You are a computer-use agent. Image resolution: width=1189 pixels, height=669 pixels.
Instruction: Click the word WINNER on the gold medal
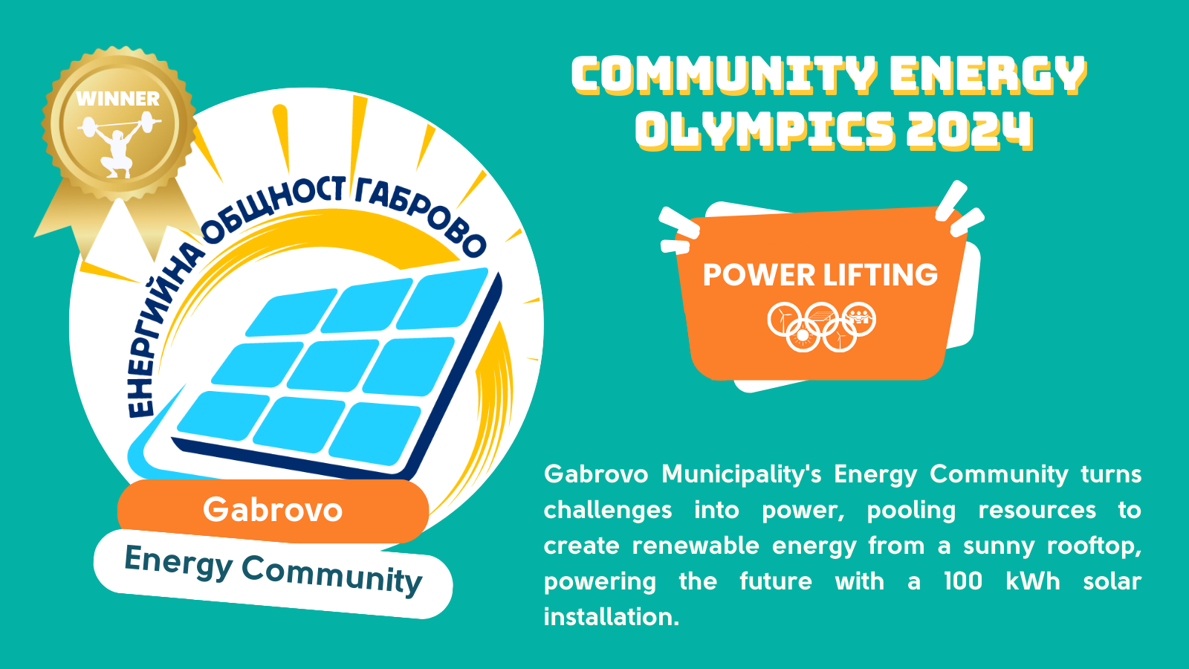click(118, 99)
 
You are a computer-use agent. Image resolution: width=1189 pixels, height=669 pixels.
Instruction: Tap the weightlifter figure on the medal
click(119, 144)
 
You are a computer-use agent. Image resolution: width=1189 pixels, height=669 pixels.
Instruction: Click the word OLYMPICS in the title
click(765, 129)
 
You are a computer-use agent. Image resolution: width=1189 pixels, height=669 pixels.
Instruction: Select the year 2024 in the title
click(969, 129)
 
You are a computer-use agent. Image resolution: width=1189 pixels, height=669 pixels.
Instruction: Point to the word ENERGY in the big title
click(988, 74)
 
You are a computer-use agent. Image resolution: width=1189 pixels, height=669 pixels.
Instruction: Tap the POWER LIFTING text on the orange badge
click(820, 274)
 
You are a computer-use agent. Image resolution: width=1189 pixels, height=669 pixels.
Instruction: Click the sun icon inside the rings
click(803, 335)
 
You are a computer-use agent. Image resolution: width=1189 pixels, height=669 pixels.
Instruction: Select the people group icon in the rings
click(859, 317)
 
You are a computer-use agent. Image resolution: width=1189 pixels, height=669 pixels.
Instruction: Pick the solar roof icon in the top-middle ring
click(822, 317)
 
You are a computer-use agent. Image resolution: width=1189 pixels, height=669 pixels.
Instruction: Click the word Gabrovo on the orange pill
click(273, 510)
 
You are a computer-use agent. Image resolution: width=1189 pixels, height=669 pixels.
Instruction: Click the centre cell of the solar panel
click(334, 366)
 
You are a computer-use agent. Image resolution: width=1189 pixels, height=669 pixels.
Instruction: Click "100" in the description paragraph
click(963, 581)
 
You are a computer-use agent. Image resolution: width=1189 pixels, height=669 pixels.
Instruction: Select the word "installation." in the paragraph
click(612, 617)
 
